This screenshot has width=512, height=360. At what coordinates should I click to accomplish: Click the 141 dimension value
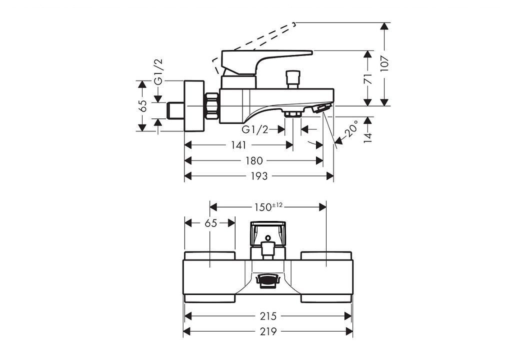(238, 145)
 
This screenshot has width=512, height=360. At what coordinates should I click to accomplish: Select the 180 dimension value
(254, 160)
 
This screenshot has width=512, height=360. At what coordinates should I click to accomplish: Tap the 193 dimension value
(259, 176)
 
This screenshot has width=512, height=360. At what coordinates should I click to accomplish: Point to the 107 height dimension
(385, 63)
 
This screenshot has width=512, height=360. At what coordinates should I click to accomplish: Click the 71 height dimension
(368, 78)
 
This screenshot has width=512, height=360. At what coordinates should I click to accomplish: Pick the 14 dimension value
(368, 137)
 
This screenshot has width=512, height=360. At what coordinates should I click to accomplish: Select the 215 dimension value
(268, 316)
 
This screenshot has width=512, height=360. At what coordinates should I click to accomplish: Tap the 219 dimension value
(268, 331)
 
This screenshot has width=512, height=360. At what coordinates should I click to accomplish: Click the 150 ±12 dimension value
(268, 207)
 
